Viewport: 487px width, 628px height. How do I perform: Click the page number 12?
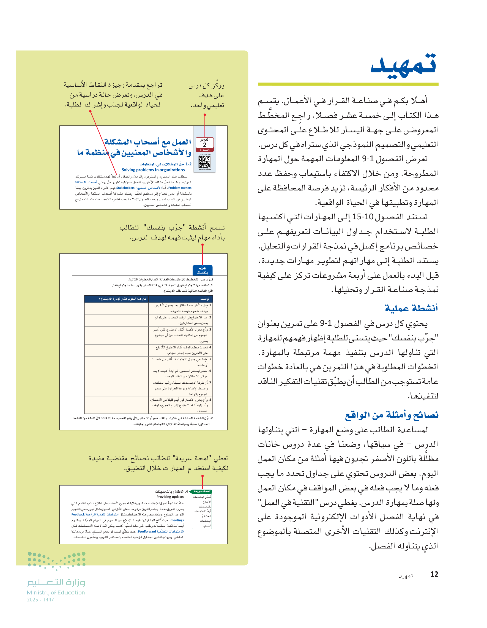click(x=434, y=574)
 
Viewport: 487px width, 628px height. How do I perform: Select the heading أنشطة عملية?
click(x=411, y=308)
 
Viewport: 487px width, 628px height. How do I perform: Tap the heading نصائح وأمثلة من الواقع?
click(x=392, y=415)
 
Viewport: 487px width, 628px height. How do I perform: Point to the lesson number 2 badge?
click(x=204, y=144)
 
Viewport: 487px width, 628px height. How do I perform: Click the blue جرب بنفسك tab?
click(x=203, y=270)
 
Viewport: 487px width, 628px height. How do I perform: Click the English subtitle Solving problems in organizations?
click(x=153, y=170)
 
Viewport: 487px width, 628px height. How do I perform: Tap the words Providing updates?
click(x=170, y=496)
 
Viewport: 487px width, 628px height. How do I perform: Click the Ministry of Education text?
click(x=56, y=592)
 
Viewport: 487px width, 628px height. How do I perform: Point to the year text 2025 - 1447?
click(x=40, y=600)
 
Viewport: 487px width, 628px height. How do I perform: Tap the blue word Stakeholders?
click(x=125, y=188)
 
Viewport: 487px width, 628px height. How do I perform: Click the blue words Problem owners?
click(x=180, y=188)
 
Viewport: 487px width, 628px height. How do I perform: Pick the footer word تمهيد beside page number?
click(x=406, y=576)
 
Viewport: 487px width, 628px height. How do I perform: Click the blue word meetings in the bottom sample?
click(x=177, y=520)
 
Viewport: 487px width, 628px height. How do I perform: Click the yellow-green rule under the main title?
click(x=348, y=84)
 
